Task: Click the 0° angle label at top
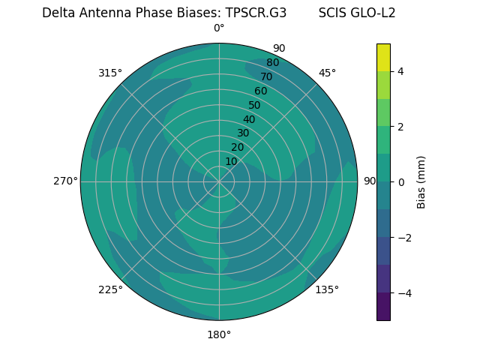click(x=219, y=28)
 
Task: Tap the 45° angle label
click(x=327, y=73)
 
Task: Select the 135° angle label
click(x=327, y=289)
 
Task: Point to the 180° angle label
click(x=219, y=334)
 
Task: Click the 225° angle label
click(x=110, y=290)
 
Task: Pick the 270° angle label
click(x=65, y=181)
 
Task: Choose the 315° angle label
click(x=110, y=73)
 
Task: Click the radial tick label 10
click(x=231, y=162)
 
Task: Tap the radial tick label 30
click(x=243, y=133)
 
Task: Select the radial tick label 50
click(x=254, y=106)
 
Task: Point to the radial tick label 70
click(x=266, y=77)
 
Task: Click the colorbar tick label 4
click(x=400, y=71)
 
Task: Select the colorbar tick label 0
click(x=400, y=182)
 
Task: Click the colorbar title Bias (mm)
click(x=421, y=182)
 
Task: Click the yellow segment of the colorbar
click(x=383, y=57)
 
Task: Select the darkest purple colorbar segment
click(x=383, y=307)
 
